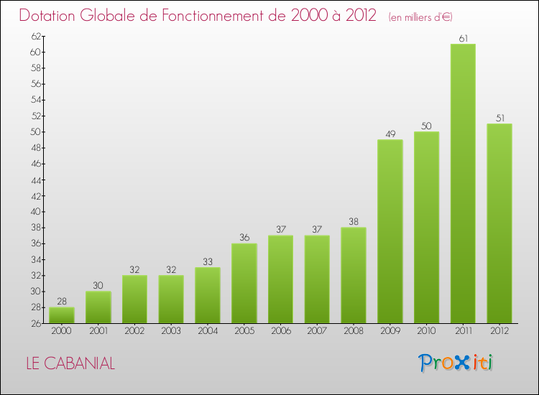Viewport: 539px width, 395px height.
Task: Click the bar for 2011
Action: point(463,183)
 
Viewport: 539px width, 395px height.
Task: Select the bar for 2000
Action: point(61,315)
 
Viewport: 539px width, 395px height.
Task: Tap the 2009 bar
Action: point(390,231)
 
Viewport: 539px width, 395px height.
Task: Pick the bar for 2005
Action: point(244,283)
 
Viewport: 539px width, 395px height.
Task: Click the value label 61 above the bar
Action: point(463,38)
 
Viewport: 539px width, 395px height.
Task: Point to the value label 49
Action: point(390,134)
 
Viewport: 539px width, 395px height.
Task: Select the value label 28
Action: point(61,302)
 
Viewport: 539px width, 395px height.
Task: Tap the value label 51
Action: point(499,118)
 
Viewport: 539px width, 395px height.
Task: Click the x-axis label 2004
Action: point(207,331)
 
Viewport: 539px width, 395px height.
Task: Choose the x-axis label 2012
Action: point(499,331)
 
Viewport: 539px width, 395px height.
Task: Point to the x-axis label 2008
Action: point(353,331)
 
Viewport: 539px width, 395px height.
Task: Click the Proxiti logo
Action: point(456,363)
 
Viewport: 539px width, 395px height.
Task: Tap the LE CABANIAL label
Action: point(70,363)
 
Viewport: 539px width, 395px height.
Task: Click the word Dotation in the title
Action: point(52,16)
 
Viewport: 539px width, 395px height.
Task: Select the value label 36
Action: point(244,238)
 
